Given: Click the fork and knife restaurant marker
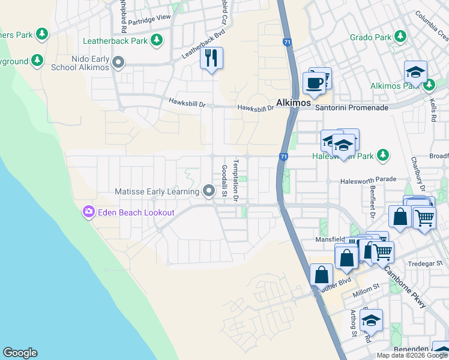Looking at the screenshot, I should point(211,59).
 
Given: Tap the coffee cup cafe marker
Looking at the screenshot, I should point(313,82).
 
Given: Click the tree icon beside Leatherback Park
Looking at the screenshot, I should point(157,41).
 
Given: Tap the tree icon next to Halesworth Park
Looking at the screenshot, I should point(382,156).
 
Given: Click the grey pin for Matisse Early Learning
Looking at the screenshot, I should point(209,191).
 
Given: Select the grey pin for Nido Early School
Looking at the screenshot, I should point(119,62).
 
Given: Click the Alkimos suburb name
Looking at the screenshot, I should point(293,103).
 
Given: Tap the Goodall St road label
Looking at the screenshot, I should point(224,181).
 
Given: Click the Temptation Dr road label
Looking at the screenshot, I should point(237,181).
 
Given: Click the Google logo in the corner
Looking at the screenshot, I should point(20,353).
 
